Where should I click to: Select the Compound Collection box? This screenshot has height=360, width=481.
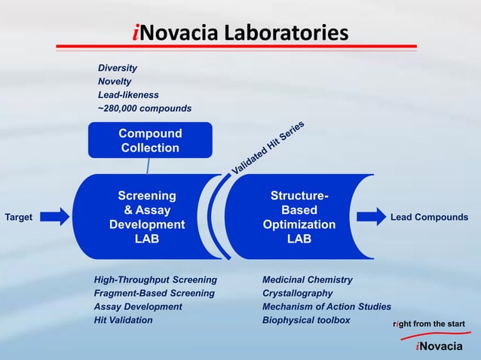150,141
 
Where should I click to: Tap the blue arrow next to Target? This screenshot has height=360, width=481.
54,217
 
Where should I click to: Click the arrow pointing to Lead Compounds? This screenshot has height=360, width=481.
370,217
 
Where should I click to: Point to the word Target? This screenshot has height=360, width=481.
19,218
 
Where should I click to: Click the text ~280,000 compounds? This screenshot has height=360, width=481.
145,108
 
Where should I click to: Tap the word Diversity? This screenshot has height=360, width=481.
118,68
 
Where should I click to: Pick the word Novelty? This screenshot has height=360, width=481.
115,81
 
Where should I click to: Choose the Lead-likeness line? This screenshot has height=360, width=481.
128,95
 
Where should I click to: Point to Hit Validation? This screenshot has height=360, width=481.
123,320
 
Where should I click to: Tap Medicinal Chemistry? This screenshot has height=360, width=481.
308,280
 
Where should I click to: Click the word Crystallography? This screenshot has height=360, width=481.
297,294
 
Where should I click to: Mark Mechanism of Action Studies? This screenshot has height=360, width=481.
326,307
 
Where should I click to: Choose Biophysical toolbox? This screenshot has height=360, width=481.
306,320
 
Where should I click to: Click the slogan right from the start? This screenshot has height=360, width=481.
430,324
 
